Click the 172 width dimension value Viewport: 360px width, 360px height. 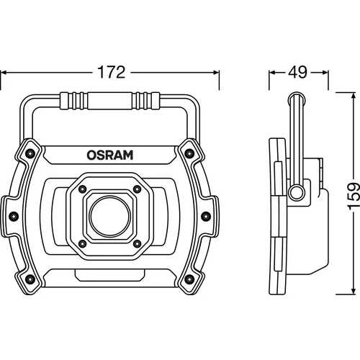click(111, 72)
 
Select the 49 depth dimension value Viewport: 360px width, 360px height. click(297, 72)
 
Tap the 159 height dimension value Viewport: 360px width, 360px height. click(354, 196)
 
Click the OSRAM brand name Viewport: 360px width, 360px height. click(110, 156)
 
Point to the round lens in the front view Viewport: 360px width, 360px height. click(110, 217)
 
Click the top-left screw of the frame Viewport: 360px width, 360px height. click(30, 153)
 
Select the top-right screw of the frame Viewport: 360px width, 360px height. click(189, 153)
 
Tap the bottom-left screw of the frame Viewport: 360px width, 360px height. click(30, 279)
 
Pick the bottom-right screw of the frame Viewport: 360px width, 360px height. click(189, 279)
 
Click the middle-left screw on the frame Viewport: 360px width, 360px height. click(14, 216)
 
